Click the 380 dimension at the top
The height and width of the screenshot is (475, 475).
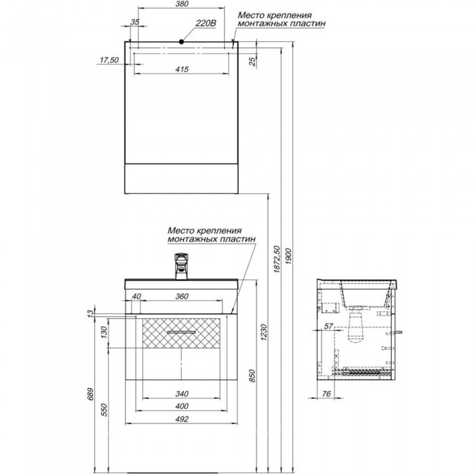[x=182, y=4]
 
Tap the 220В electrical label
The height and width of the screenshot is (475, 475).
[x=206, y=23]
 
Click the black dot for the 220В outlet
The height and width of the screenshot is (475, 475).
[x=181, y=42]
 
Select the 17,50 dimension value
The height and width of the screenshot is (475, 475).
[x=109, y=60]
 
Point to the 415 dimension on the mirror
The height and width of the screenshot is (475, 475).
[x=182, y=69]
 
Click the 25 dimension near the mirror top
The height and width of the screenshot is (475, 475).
[x=252, y=62]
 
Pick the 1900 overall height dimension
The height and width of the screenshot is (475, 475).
[x=288, y=256]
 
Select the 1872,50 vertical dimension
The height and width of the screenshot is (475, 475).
[x=277, y=260]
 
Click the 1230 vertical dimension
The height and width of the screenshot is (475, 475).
[x=264, y=332]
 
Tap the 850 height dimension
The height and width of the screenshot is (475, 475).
[x=252, y=376]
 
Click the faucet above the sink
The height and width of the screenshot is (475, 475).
[x=181, y=266]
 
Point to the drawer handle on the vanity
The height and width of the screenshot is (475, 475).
[x=181, y=332]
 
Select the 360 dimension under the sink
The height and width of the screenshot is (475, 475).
[x=182, y=297]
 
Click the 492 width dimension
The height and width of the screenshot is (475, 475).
[x=182, y=419]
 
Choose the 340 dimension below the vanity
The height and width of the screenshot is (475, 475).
[x=182, y=394]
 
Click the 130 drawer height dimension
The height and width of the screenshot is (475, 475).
[x=104, y=332]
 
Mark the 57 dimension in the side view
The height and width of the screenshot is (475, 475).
[x=328, y=326]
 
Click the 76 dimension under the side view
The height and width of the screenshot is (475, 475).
[x=326, y=394]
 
